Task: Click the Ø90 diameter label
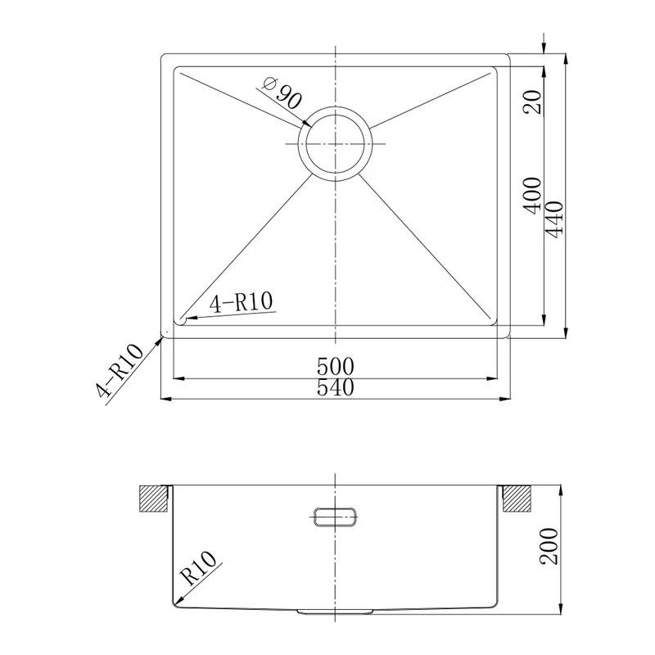tap(281, 93)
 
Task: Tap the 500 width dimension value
tap(336, 366)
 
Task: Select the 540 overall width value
tap(336, 387)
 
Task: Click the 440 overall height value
tap(555, 219)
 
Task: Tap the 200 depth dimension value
tap(549, 546)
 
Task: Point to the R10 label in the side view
tap(199, 567)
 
